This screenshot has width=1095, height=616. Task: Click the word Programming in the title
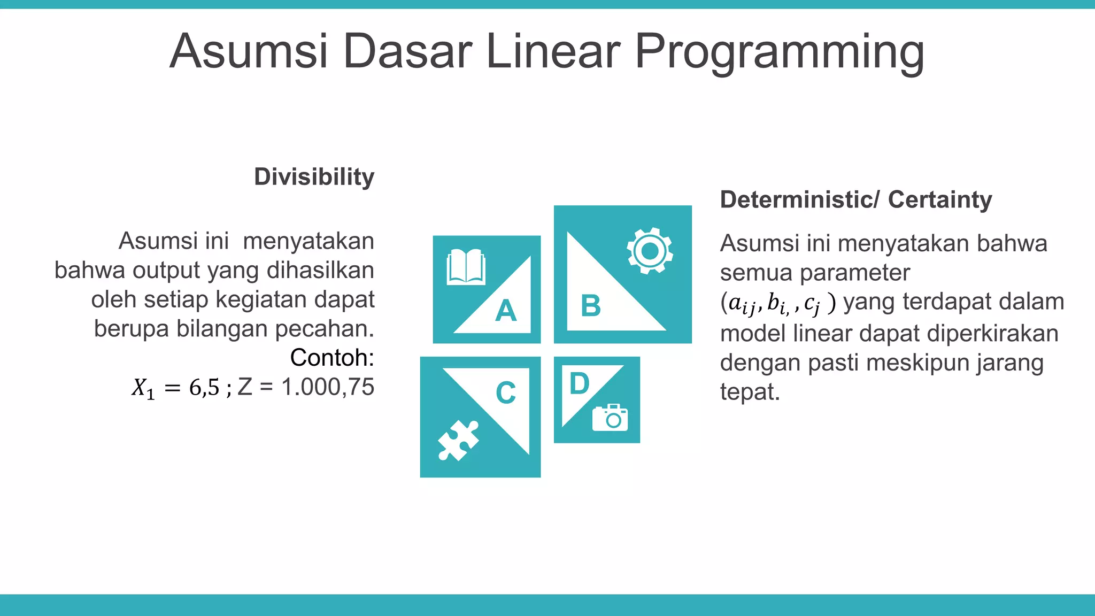coord(779,52)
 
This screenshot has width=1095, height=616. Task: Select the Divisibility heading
coord(314,177)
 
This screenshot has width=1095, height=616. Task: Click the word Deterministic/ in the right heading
coord(799,199)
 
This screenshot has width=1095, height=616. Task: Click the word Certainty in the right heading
coord(940,199)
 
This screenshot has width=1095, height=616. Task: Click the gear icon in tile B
coord(650,251)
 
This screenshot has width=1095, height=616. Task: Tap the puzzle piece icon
coord(458,440)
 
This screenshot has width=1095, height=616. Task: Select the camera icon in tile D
coord(610,418)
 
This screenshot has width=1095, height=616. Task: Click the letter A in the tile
coord(506,311)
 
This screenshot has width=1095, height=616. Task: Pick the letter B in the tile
coord(591,306)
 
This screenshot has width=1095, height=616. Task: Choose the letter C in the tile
coord(506,393)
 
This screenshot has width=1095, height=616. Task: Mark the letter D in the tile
coord(580,383)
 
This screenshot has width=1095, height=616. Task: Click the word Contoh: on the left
coord(331,358)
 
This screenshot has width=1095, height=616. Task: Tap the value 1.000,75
coord(327,387)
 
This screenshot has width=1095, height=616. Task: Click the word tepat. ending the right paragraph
coord(750,392)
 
